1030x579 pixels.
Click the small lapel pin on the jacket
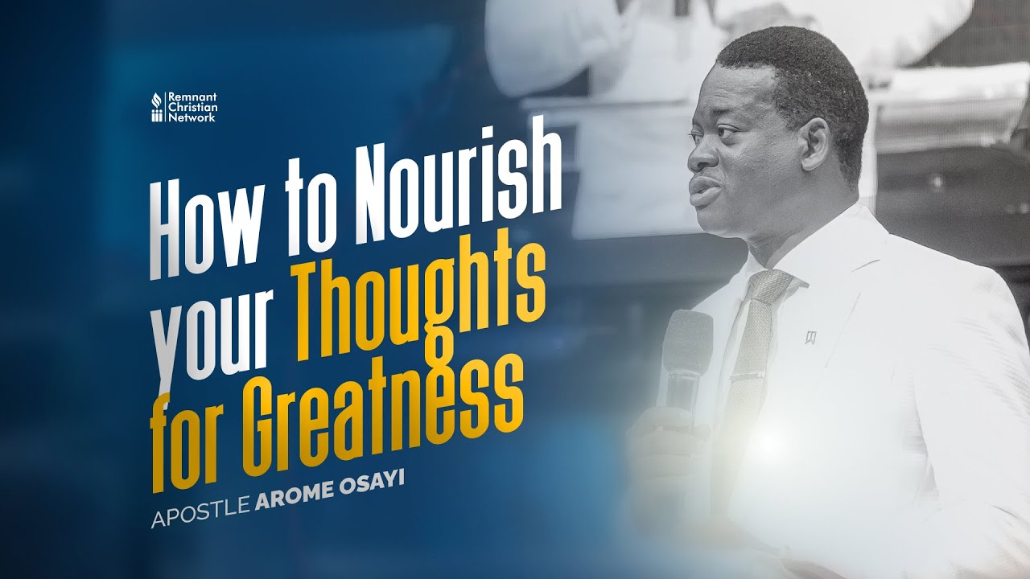(810, 336)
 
